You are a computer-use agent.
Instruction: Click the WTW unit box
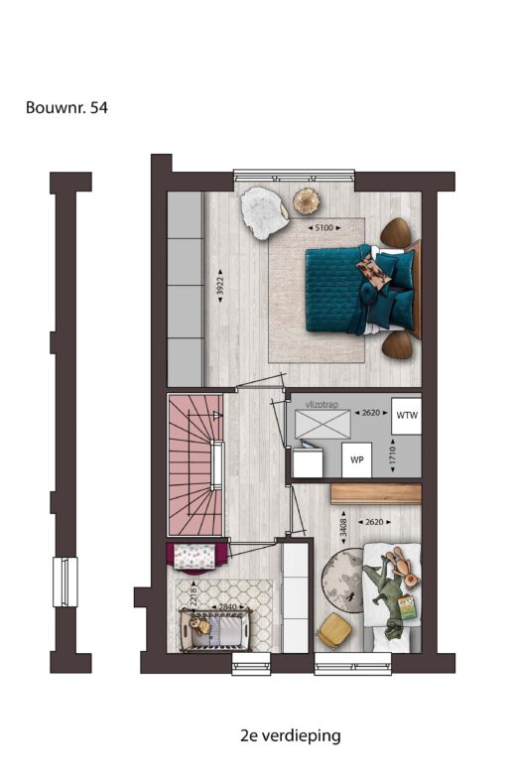pyautogui.click(x=407, y=416)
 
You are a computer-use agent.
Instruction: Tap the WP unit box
pyautogui.click(x=356, y=459)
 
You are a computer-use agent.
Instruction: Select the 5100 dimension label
pyautogui.click(x=324, y=227)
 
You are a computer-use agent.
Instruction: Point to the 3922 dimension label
pyautogui.click(x=219, y=286)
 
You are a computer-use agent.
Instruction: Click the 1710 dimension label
pyautogui.click(x=393, y=456)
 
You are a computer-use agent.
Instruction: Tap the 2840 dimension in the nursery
pyautogui.click(x=227, y=606)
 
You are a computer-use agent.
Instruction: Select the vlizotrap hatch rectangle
pyautogui.click(x=323, y=424)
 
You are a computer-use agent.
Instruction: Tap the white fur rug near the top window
pyautogui.click(x=264, y=212)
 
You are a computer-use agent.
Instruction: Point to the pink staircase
pyautogui.click(x=195, y=464)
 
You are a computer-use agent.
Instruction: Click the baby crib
pyautogui.click(x=216, y=630)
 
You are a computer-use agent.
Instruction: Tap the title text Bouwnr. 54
pyautogui.click(x=66, y=107)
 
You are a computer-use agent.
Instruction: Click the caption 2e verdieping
pyautogui.click(x=290, y=735)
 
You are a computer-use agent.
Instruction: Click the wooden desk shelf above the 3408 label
pyautogui.click(x=376, y=494)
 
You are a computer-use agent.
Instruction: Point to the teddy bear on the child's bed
pyautogui.click(x=403, y=568)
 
